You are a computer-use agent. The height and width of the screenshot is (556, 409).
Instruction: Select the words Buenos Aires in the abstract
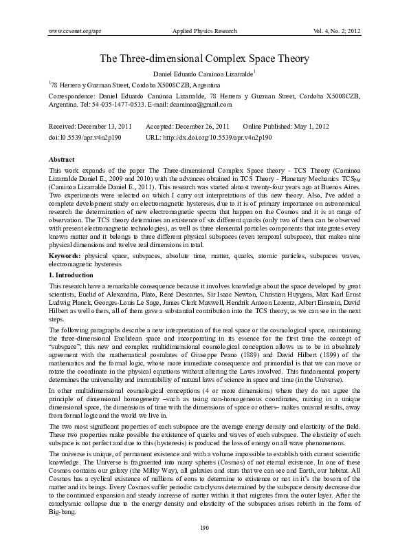coord(340,186)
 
